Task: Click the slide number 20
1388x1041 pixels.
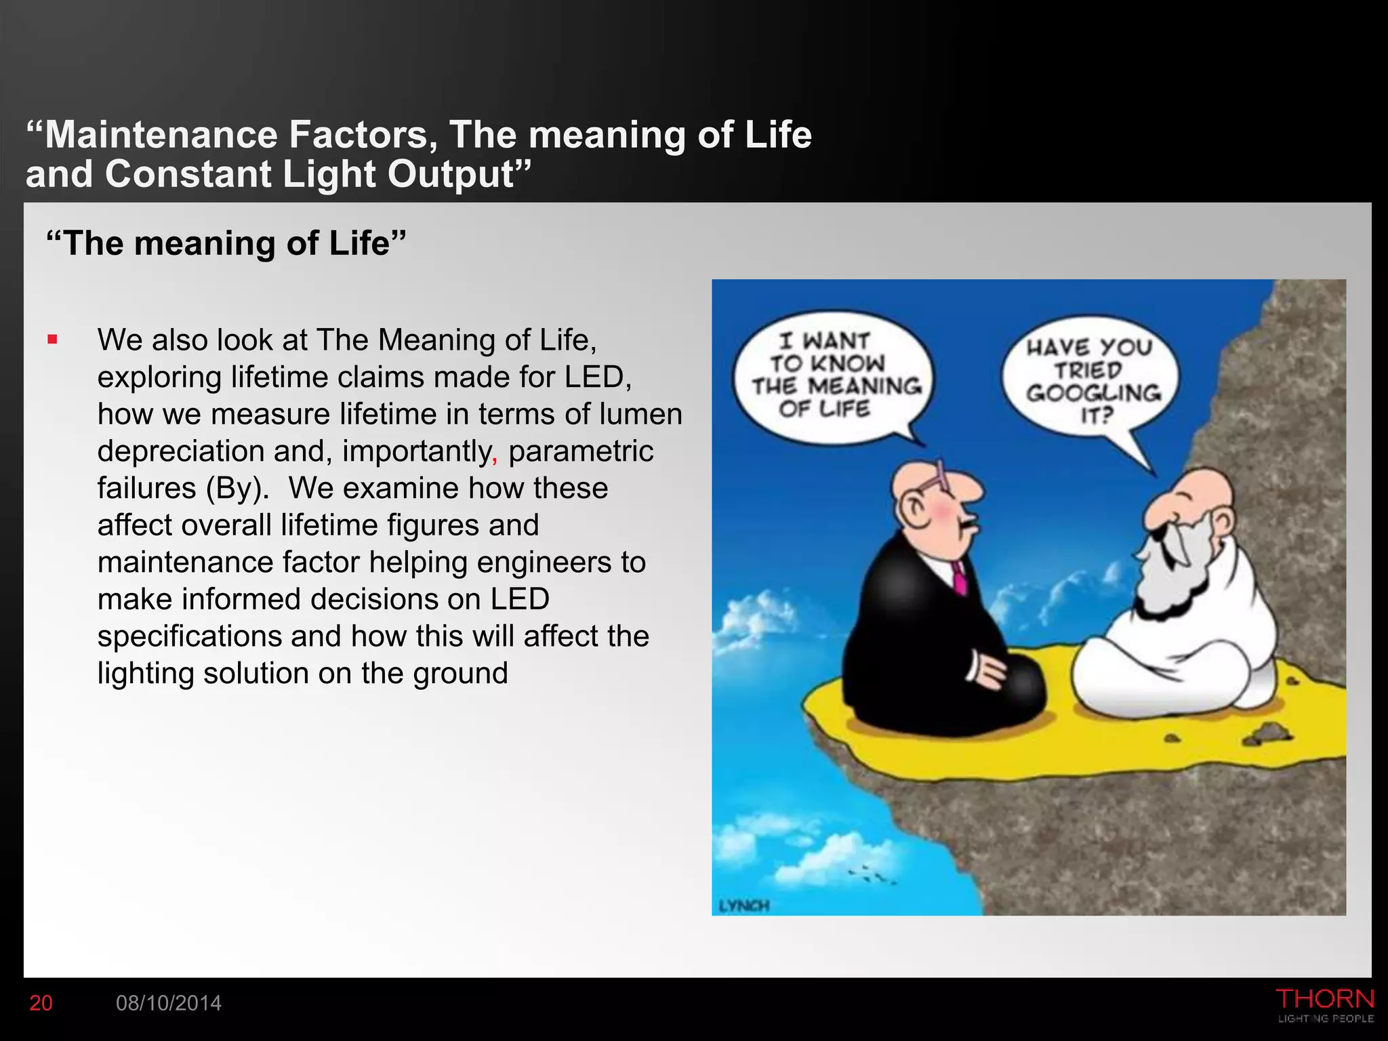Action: point(41,1003)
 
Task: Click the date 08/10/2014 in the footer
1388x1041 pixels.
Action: point(169,1003)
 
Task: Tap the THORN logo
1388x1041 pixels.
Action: point(1325,1000)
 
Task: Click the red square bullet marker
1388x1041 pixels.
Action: point(53,339)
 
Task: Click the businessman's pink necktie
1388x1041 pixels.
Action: point(959,578)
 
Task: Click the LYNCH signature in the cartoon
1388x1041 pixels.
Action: point(743,905)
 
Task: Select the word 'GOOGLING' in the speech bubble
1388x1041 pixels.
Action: point(1093,393)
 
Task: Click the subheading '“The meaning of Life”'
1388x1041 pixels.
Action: point(226,243)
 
